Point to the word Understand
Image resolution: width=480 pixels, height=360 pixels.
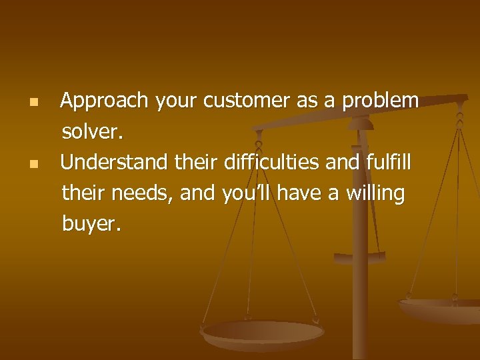[x=114, y=162]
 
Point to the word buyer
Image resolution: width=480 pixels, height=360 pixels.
[x=91, y=225]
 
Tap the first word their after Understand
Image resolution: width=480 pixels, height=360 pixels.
[x=196, y=162]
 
